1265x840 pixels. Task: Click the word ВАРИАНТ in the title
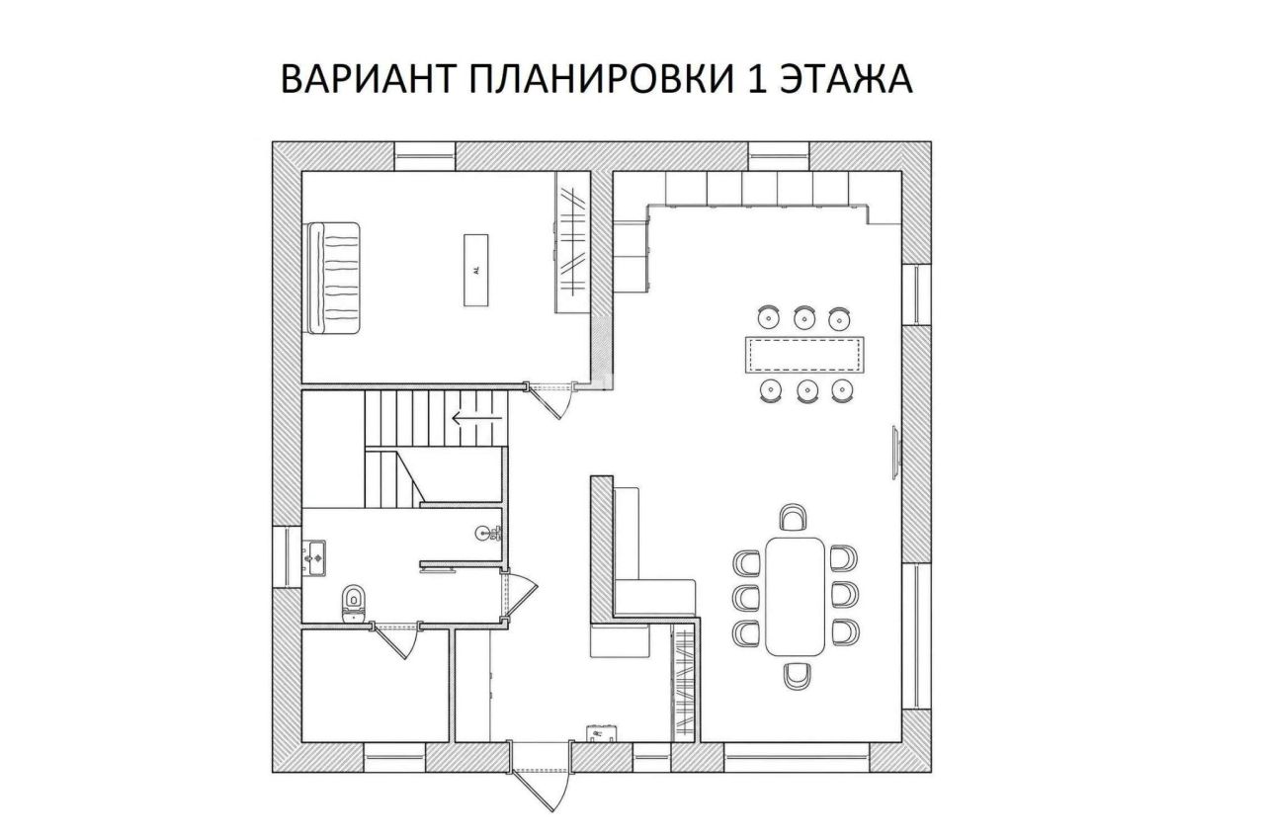[x=367, y=80]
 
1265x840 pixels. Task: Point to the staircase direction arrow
[x=477, y=418]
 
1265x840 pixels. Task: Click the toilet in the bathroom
[x=354, y=603]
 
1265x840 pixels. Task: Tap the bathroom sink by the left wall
[x=315, y=557]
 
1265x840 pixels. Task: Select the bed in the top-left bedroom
[x=333, y=279]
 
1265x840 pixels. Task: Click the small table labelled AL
[x=476, y=271]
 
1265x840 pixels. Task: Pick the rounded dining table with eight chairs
[x=796, y=597]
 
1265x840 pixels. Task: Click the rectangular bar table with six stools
[x=804, y=355]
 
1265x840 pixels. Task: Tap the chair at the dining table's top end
[x=794, y=517]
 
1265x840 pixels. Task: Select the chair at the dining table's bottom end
[x=798, y=676]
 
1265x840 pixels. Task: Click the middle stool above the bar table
[x=804, y=318]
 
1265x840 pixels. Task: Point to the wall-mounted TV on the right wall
[x=896, y=453]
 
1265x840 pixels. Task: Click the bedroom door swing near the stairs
[x=550, y=402]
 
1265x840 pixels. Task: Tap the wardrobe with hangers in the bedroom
[x=573, y=242]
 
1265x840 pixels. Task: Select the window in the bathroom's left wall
[x=287, y=557]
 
